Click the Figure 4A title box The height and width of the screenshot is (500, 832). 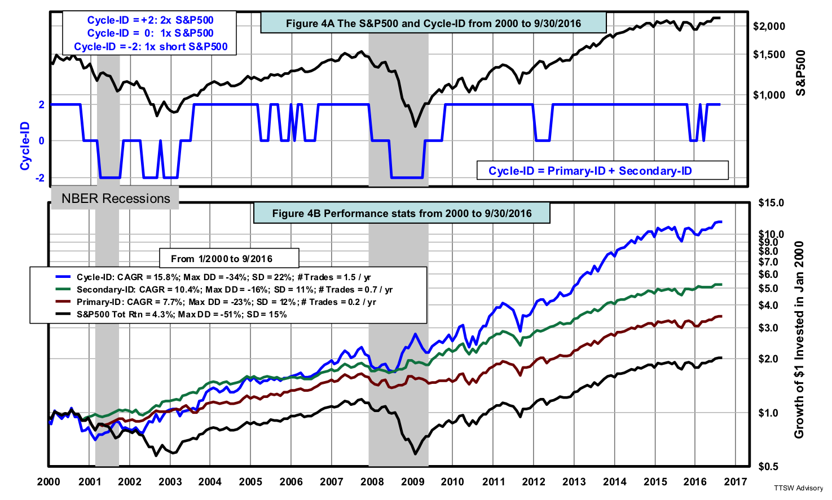click(433, 23)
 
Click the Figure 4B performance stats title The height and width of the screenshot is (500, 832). click(402, 213)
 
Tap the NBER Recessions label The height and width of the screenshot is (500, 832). click(116, 198)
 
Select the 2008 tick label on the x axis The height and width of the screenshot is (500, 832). click(372, 481)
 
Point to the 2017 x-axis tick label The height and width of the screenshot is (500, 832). click(736, 481)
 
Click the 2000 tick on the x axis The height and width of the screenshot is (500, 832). click(49, 481)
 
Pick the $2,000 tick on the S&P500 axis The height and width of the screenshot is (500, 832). click(769, 26)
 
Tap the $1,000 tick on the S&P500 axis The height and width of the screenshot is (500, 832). click(769, 95)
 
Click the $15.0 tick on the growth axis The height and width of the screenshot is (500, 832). click(771, 203)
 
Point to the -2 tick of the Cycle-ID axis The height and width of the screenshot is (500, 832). click(41, 178)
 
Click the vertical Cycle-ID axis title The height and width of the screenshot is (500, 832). click(25, 145)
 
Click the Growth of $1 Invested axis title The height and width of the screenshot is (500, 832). click(799, 339)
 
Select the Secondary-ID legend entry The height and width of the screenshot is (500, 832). click(235, 289)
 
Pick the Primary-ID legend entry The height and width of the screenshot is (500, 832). click(226, 302)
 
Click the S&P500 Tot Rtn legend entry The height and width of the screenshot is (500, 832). click(182, 314)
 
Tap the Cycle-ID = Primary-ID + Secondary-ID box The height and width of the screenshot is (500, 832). click(590, 171)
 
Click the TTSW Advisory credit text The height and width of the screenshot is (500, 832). click(798, 488)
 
